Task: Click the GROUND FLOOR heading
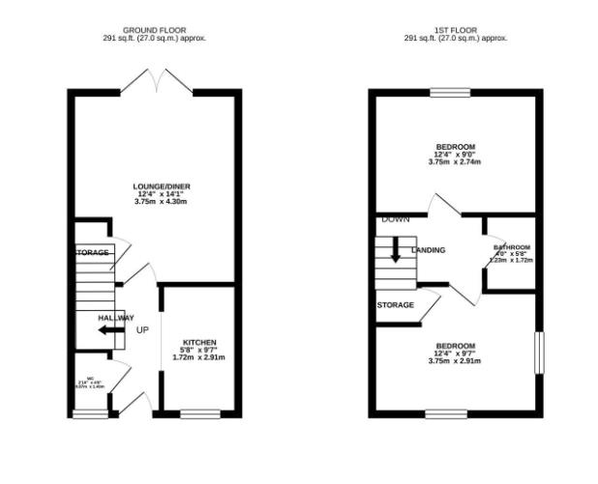pyautogui.click(x=155, y=29)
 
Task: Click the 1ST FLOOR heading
pyautogui.click(x=455, y=29)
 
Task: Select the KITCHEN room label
pyautogui.click(x=198, y=342)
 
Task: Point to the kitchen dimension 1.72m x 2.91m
pyautogui.click(x=198, y=357)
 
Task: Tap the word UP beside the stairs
pyautogui.click(x=142, y=330)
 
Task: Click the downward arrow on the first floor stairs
pyautogui.click(x=396, y=250)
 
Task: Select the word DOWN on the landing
pyautogui.click(x=395, y=219)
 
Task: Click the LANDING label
pyautogui.click(x=428, y=250)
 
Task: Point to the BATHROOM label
pyautogui.click(x=511, y=246)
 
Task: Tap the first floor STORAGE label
pyautogui.click(x=396, y=305)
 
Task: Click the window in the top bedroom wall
pyautogui.click(x=450, y=93)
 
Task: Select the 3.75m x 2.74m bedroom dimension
pyautogui.click(x=455, y=162)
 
